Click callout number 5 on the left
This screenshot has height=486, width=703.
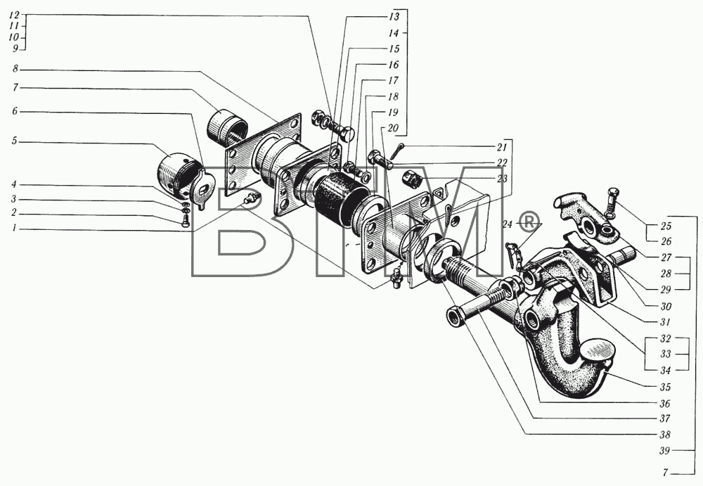pos(14,141)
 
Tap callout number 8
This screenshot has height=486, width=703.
pos(15,69)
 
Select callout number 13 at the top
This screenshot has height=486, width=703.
pos(393,17)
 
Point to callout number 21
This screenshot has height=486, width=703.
pos(501,147)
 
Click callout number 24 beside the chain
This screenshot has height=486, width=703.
pos(507,224)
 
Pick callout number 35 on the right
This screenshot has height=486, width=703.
pos(665,387)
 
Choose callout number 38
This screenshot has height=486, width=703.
pos(665,435)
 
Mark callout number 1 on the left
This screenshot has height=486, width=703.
pos(14,228)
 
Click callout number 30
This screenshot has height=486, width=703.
pos(666,306)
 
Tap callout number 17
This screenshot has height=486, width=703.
pos(393,81)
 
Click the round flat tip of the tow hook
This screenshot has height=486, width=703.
pos(596,347)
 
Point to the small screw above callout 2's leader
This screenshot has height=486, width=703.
pos(186,220)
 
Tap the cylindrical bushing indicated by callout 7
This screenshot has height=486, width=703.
pos(226,126)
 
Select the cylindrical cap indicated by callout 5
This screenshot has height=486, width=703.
pos(175,175)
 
